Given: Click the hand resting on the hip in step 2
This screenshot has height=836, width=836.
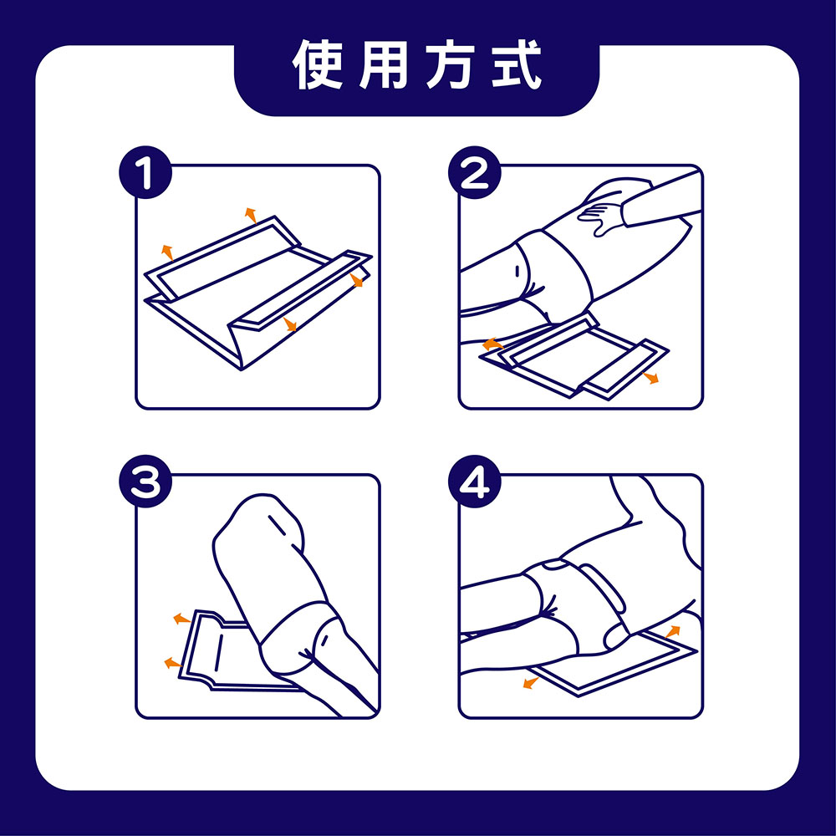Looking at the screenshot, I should point(604,212).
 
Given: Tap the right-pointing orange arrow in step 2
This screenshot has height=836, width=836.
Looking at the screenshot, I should point(652,379).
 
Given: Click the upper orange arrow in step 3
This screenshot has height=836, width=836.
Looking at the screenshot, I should point(179,619).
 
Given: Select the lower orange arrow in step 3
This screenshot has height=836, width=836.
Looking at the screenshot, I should point(172,663).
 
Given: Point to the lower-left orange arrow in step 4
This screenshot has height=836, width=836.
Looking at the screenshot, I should point(529,683).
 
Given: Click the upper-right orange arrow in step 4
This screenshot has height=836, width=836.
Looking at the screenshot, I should point(673,630).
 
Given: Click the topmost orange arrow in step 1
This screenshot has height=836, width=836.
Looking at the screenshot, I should point(249,214).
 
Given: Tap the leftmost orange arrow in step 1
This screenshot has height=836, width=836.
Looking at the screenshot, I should point(166,250).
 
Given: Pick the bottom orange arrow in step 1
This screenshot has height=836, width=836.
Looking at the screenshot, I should point(290,324).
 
